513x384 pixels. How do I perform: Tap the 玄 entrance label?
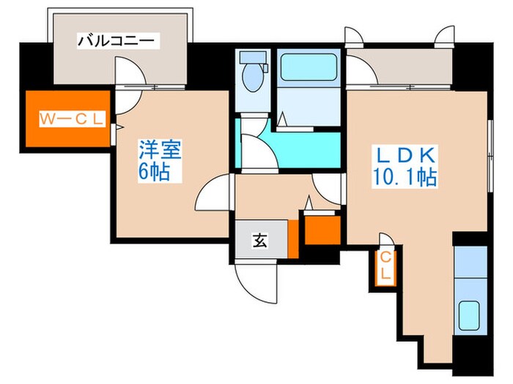pos(259,238)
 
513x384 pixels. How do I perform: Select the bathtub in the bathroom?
pos(306,66)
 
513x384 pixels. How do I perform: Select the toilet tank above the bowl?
pos(252,56)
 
